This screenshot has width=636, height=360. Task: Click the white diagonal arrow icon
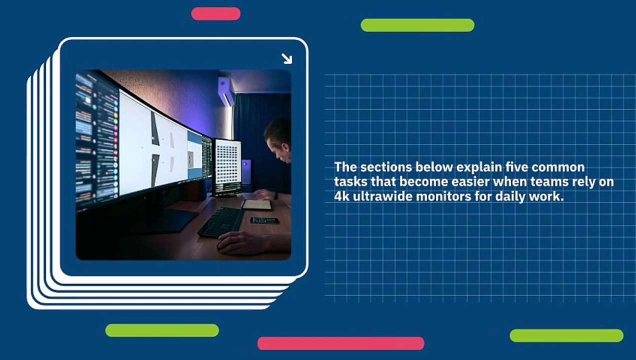pos(286,59)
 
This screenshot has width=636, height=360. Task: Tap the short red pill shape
pos(215,13)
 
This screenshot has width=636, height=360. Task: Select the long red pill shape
pos(340,343)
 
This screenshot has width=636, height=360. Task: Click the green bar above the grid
pos(417,25)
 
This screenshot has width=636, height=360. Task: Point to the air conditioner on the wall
pos(226,91)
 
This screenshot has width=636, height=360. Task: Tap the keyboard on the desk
pos(221,221)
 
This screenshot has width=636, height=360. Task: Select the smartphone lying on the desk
pos(264,220)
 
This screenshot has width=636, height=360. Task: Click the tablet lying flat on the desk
pos(257,204)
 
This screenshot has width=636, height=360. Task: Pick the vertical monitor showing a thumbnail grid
pos(227,167)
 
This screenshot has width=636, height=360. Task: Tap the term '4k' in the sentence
pos(343,196)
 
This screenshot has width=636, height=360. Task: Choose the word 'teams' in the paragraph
pos(551,181)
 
